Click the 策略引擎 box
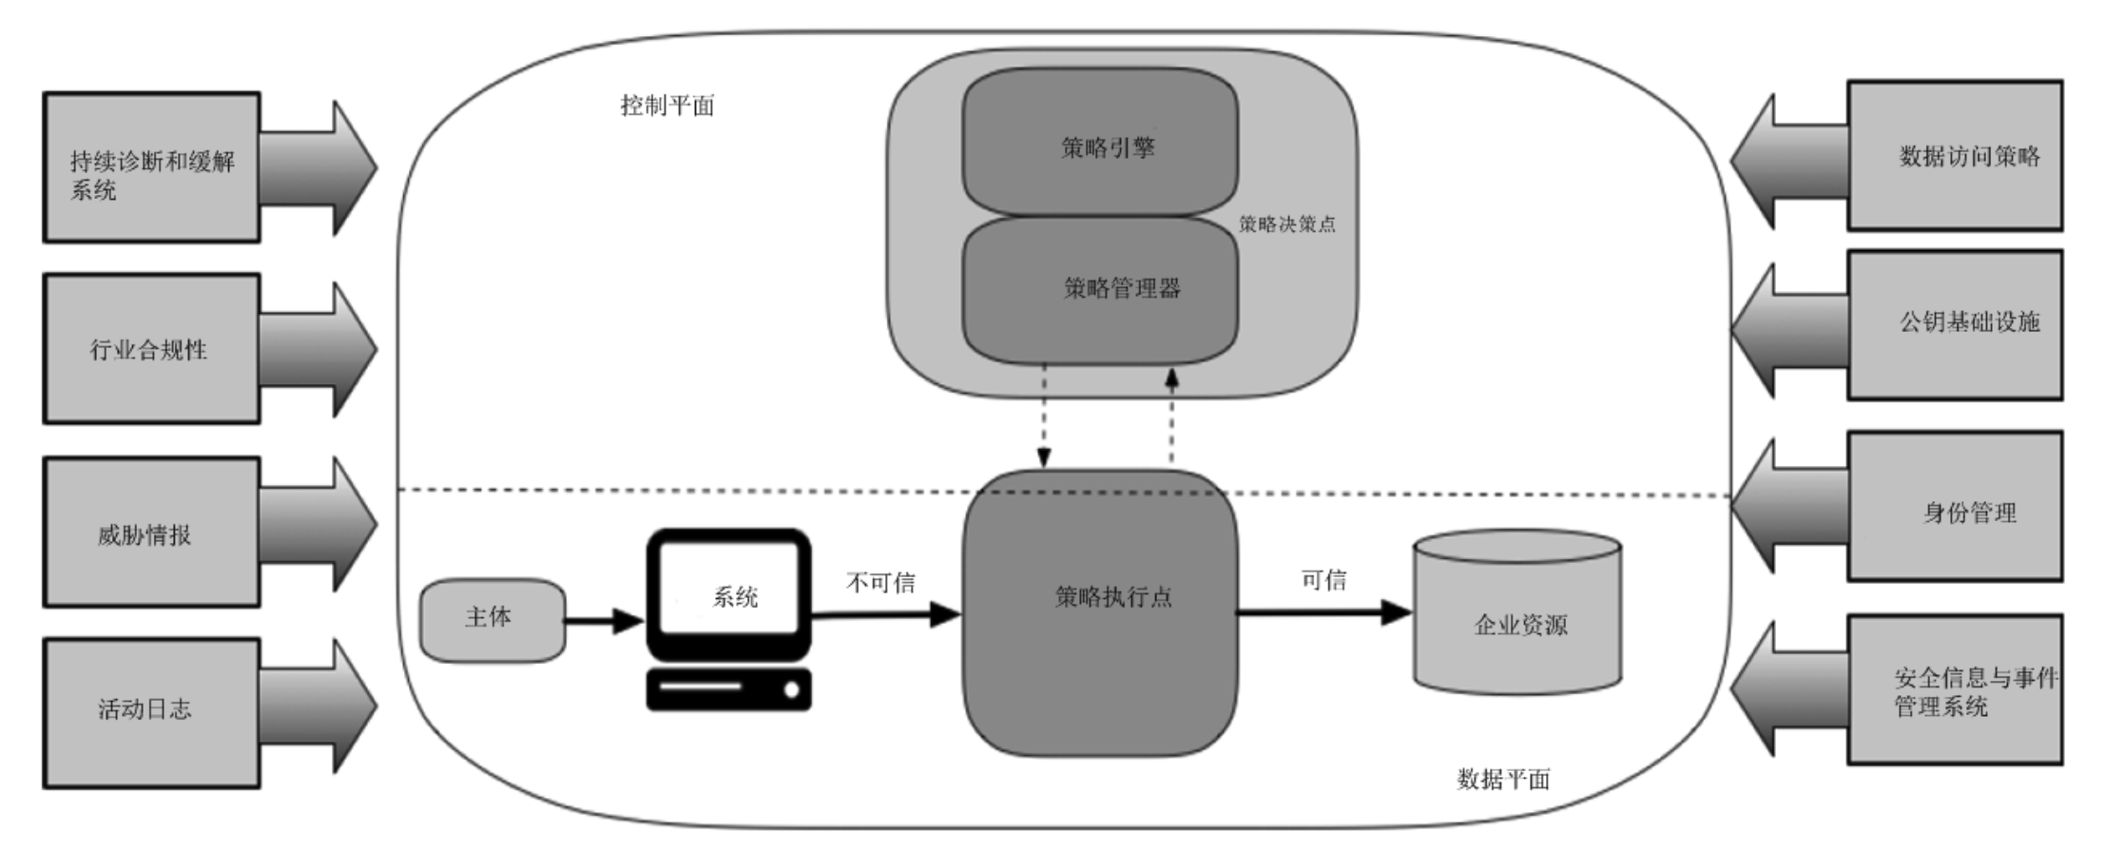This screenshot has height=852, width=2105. pyautogui.click(x=1100, y=143)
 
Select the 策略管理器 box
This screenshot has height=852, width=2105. pyautogui.click(x=1100, y=289)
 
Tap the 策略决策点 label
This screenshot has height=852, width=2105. pyautogui.click(x=1286, y=224)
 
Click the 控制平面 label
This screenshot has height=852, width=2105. pyautogui.click(x=666, y=106)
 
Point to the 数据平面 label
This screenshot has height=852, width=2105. pyautogui.click(x=1503, y=780)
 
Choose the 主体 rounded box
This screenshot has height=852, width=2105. pyautogui.click(x=492, y=619)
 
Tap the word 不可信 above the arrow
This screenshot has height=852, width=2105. pyautogui.click(x=880, y=583)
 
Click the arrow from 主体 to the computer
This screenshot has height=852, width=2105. pyautogui.click(x=605, y=621)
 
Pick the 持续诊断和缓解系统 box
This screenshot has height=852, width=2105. pyautogui.click(x=151, y=168)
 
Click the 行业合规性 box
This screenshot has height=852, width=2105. pyautogui.click(x=151, y=349)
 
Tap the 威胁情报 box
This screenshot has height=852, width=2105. pyautogui.click(x=151, y=532)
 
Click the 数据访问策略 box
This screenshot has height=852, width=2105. pyautogui.click(x=1955, y=156)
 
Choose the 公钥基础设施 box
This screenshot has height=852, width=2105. pyautogui.click(x=1955, y=324)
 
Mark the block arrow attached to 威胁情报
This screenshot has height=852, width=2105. pyautogui.click(x=319, y=524)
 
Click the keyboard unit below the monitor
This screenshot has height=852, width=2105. pyautogui.click(x=728, y=689)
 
